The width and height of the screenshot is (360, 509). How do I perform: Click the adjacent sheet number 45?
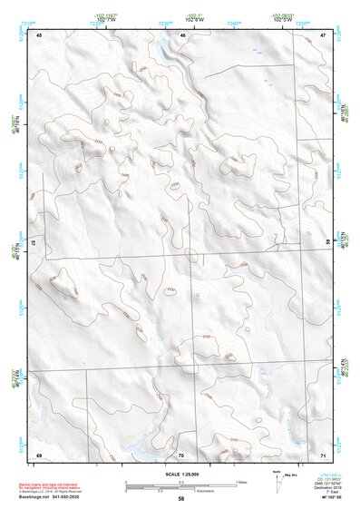[x=39, y=35]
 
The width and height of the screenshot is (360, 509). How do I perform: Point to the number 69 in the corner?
[x=39, y=454]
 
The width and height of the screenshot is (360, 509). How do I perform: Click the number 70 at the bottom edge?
[x=181, y=454]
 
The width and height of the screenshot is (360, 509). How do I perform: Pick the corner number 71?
[x=323, y=454]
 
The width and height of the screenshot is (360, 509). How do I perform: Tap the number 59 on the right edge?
[x=326, y=242]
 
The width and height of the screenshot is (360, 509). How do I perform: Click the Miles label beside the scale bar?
[x=241, y=481]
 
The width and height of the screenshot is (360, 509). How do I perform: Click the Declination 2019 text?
[x=329, y=487]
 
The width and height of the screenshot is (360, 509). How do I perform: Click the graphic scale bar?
[x=180, y=485]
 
